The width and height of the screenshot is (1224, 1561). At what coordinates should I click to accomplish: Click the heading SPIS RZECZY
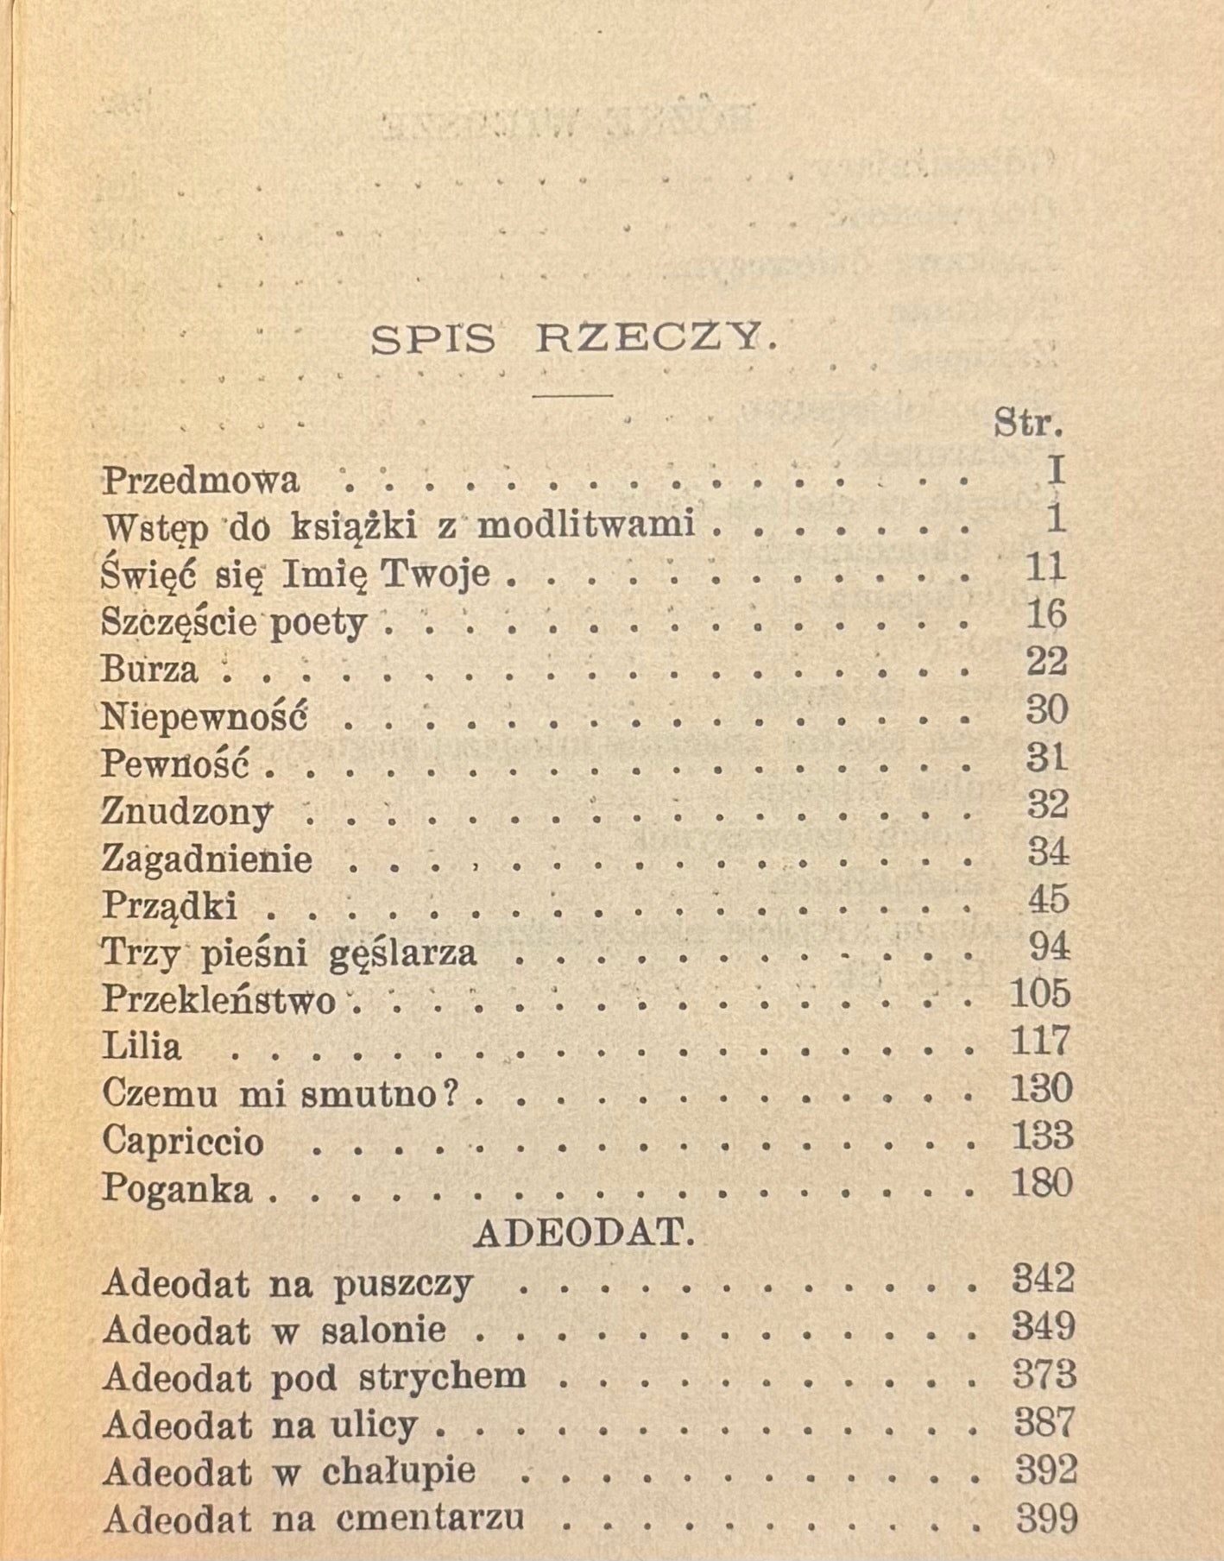[x=573, y=340]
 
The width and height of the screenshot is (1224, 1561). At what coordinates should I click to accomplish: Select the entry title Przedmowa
[x=201, y=480]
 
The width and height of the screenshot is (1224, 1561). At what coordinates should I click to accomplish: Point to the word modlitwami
[x=586, y=525]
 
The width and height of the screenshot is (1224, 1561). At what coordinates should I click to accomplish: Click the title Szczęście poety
[x=234, y=621]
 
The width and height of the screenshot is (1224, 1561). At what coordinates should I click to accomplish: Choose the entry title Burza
[x=149, y=669]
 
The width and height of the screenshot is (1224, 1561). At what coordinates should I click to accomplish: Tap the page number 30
[x=1046, y=709]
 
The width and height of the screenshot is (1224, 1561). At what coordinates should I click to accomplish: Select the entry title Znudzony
[x=187, y=811]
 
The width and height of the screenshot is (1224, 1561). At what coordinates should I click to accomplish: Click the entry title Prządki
[x=169, y=905]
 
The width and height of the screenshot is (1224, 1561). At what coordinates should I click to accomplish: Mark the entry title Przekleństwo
[x=218, y=999]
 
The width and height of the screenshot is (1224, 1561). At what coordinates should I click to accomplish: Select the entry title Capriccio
[x=183, y=1141]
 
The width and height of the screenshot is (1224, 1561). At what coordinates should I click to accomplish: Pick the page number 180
[x=1041, y=1182]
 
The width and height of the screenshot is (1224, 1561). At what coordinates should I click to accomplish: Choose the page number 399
[x=1046, y=1517]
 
